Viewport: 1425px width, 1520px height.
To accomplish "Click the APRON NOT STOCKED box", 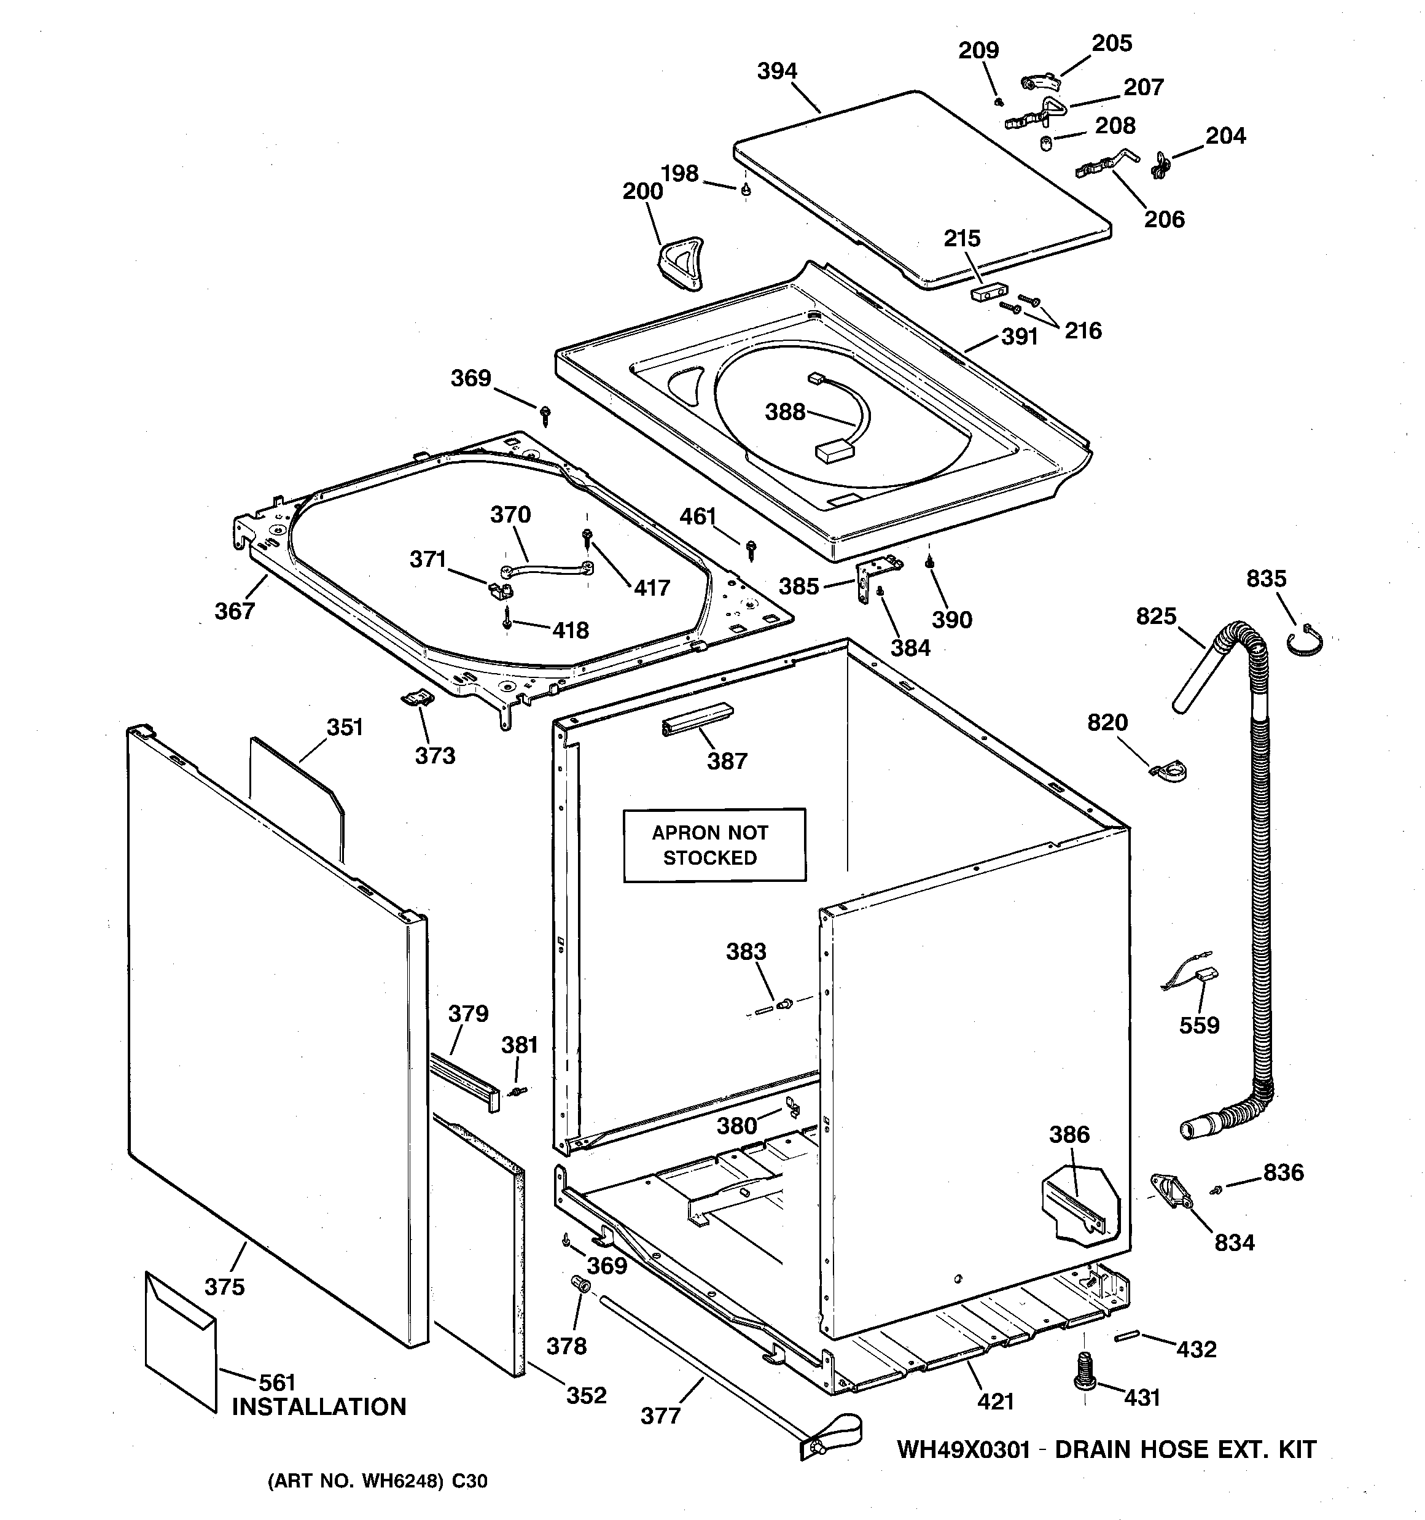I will (714, 845).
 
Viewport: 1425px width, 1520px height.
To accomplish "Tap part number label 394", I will (777, 71).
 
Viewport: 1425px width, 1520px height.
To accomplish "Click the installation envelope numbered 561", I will (180, 1339).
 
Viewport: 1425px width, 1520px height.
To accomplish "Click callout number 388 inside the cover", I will (785, 412).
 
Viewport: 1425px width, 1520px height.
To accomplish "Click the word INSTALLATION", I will (319, 1407).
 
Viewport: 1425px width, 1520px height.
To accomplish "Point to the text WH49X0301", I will (964, 1449).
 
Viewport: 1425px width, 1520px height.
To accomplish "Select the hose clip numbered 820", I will (1169, 770).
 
